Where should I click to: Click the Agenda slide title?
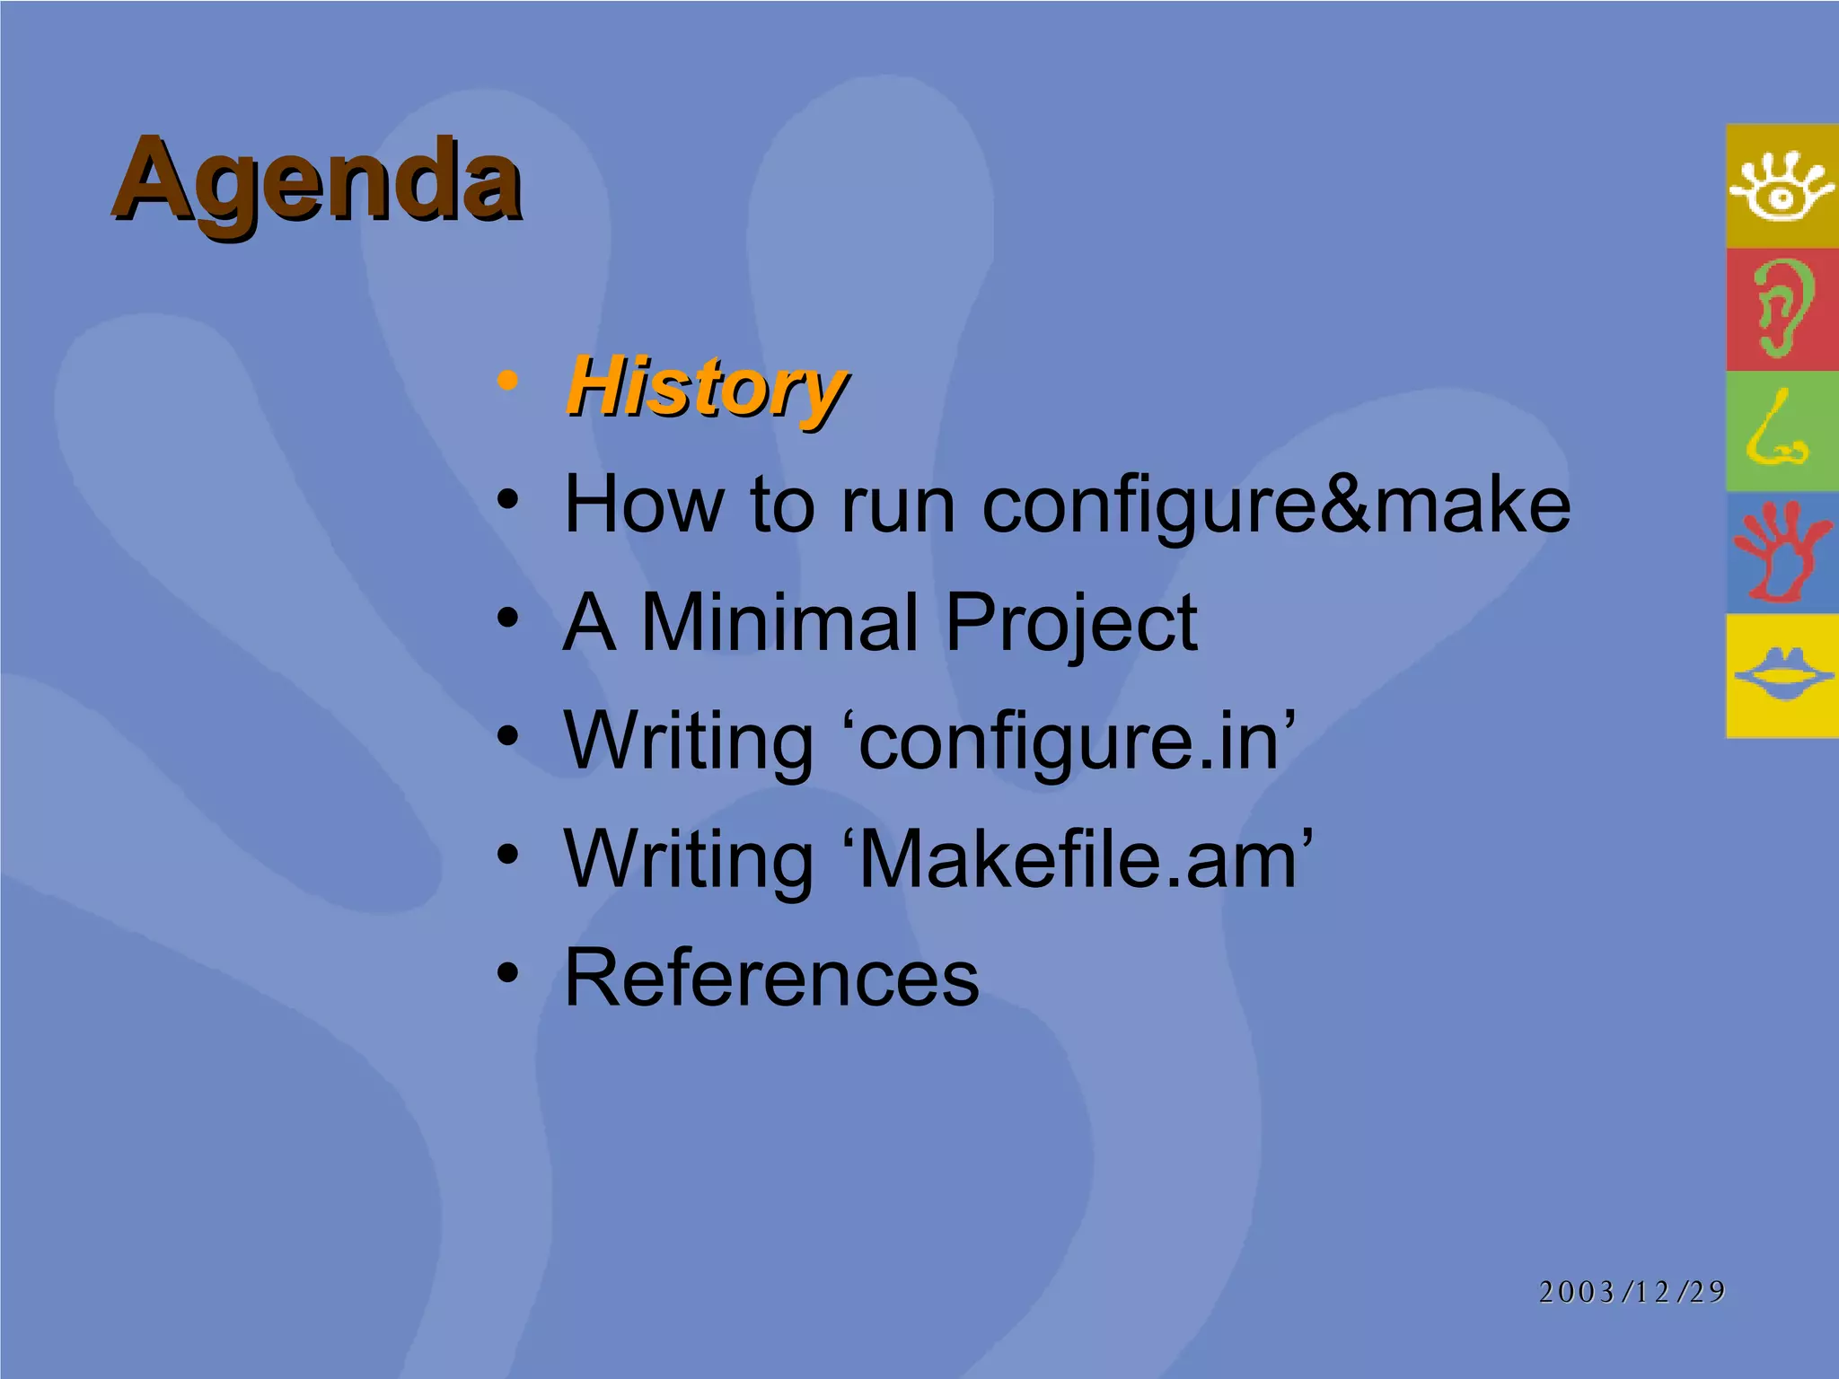point(316,181)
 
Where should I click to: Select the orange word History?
point(706,389)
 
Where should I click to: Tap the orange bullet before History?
point(507,381)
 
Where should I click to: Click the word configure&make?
point(1275,505)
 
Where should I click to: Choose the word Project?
point(1070,624)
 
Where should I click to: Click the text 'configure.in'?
point(1077,742)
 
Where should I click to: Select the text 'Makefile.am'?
point(1086,859)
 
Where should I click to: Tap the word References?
point(771,978)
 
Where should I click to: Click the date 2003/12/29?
point(1632,1292)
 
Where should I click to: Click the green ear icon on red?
point(1782,309)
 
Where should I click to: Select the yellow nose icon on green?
point(1780,432)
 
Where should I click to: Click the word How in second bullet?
point(645,505)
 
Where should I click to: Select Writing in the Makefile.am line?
point(689,859)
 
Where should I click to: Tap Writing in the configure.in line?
point(689,742)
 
